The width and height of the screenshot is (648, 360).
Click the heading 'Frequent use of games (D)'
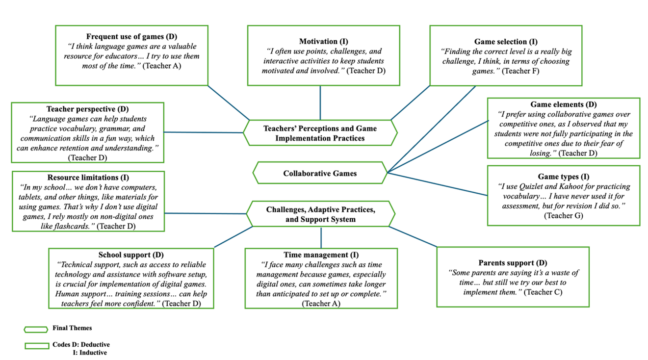(131, 37)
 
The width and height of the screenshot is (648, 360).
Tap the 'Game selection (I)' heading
(506, 42)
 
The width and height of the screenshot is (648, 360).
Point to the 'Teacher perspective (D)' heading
(87, 109)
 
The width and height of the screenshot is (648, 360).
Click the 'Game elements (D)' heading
(564, 104)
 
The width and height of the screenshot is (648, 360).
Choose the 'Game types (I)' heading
(564, 177)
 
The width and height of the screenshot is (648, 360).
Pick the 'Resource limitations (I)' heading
(88, 178)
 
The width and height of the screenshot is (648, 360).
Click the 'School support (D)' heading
(131, 255)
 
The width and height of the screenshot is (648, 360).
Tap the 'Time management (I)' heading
(321, 255)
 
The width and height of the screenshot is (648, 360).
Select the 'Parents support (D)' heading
(513, 263)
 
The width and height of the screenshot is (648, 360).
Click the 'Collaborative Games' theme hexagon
(320, 173)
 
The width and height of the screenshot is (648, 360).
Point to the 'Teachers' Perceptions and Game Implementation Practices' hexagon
(320, 133)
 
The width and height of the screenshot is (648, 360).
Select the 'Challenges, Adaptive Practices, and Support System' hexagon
(320, 214)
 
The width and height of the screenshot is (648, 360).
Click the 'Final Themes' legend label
(72, 328)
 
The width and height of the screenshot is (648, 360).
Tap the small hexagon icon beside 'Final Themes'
(36, 329)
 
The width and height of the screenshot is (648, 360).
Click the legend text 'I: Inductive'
(89, 353)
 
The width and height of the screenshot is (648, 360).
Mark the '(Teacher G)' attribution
(564, 215)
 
